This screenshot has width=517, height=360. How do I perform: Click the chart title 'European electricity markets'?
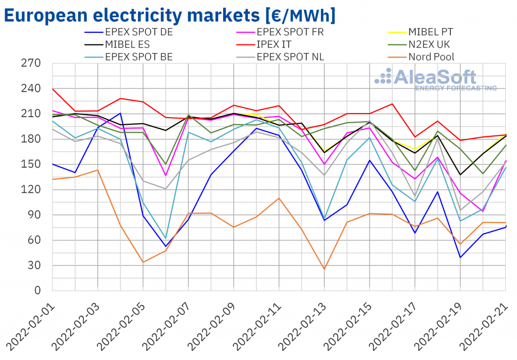pos(169,15)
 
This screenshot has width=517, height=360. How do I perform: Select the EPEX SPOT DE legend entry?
pos(136,32)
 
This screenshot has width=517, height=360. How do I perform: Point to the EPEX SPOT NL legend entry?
pos(290,57)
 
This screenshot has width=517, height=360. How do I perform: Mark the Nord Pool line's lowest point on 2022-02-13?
pos(324,269)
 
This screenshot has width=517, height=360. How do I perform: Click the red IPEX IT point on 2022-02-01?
pos(53,89)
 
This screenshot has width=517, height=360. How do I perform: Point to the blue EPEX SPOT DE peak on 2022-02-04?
pos(120,113)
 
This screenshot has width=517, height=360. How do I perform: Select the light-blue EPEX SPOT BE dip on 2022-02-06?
pos(166,238)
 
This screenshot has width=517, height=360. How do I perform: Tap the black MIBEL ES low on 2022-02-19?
pos(460,175)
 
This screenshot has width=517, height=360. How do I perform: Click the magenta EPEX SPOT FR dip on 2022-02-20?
pos(483,211)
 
